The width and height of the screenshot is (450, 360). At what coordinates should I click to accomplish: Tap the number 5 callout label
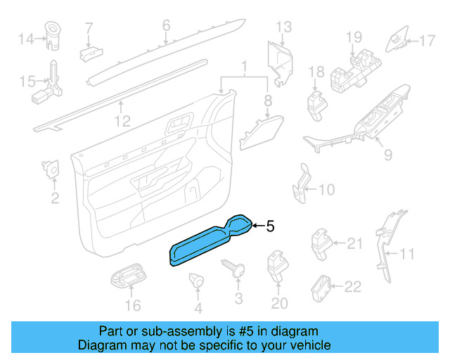[270, 226]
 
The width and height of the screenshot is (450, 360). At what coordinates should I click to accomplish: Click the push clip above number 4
[196, 281]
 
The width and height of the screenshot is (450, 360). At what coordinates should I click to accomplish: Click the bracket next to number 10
[302, 184]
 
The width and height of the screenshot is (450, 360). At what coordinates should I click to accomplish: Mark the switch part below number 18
[316, 103]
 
